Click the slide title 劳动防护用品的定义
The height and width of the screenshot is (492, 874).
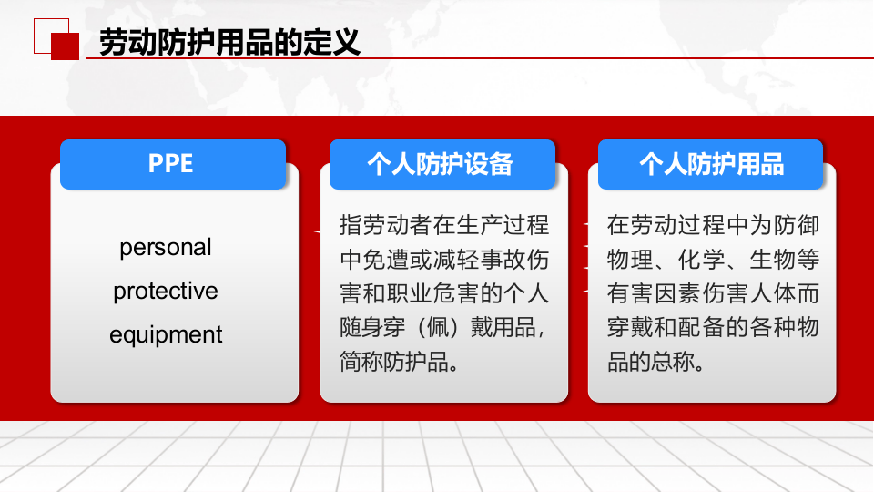pos(229,43)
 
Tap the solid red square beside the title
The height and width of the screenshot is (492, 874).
pos(65,46)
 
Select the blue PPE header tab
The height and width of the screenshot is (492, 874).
pos(172,164)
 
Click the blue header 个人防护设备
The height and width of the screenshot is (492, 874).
pos(442,164)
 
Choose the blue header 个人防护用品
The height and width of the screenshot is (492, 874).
pos(711,164)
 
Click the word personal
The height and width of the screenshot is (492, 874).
pos(166,248)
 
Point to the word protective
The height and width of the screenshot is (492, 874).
pos(166,292)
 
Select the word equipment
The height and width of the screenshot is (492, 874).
pos(166,335)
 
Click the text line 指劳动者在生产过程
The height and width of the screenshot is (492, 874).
pos(443,225)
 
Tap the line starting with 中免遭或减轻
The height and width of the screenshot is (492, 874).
pos(443,260)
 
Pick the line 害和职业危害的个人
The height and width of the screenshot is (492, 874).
pos(443,293)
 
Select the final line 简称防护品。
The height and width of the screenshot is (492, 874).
pos(398,362)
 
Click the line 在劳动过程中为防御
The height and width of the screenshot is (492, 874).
pos(713,225)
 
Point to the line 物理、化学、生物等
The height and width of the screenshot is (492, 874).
pos(713,260)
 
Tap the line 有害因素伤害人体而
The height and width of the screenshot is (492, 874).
pos(713,293)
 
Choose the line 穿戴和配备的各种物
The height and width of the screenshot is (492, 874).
pos(713,327)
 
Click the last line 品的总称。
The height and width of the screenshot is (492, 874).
pos(655,362)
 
